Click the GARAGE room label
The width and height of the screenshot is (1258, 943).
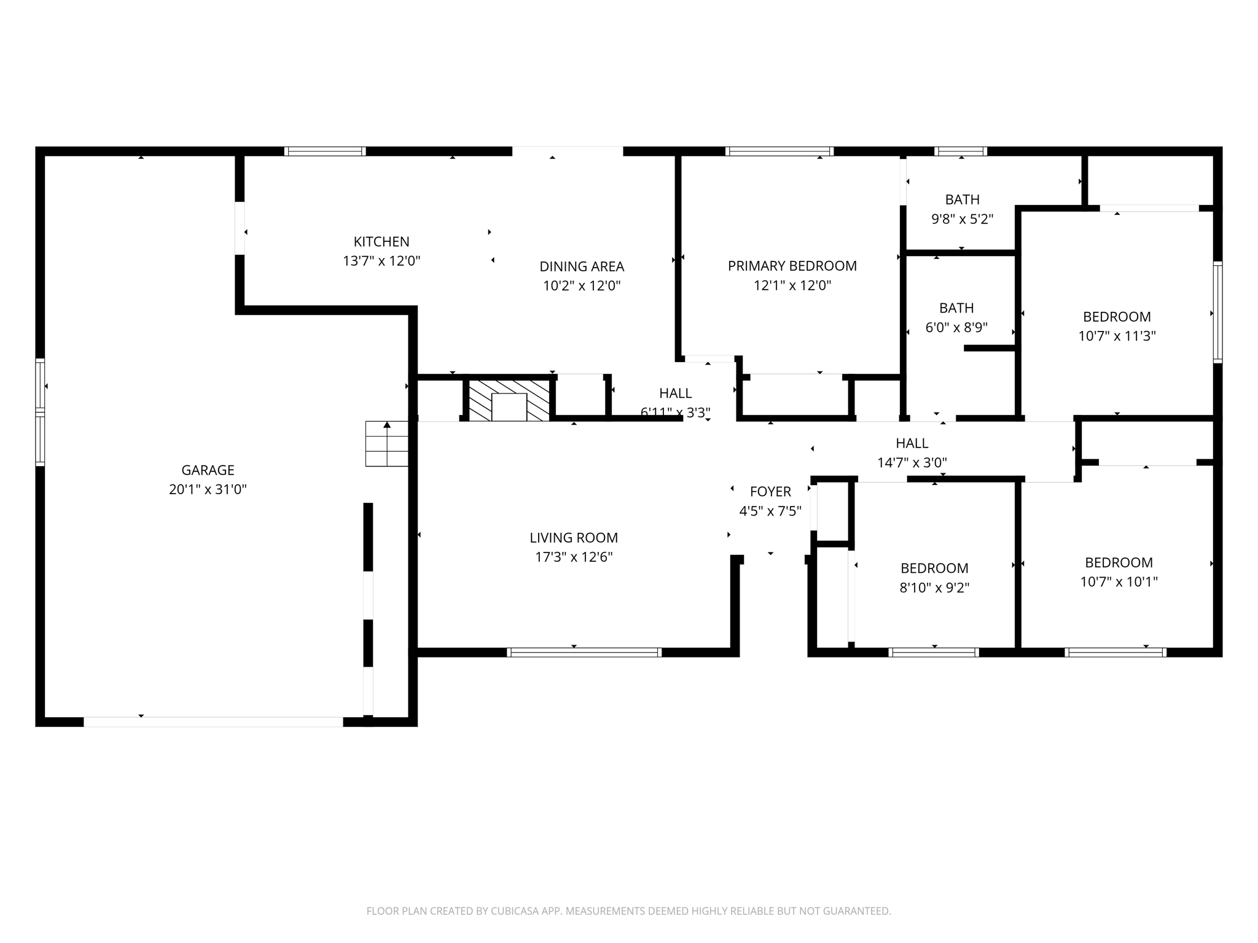[208, 470]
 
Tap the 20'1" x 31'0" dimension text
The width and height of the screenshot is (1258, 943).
[208, 490]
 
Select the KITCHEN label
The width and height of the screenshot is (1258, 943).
[381, 242]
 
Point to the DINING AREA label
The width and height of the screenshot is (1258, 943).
[581, 266]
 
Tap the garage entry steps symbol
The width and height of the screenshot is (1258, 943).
[386, 443]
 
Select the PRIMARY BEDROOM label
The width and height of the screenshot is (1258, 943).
[792, 266]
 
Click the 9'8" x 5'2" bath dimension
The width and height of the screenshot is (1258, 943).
[962, 219]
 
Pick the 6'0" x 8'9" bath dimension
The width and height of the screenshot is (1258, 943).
[956, 328]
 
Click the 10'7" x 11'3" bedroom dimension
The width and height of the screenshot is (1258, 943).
[1117, 336]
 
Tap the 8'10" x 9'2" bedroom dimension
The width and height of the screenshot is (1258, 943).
[934, 588]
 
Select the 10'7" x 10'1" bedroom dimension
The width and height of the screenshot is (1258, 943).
[1119, 582]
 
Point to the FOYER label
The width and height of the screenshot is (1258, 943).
[770, 492]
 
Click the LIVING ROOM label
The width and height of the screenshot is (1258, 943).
[573, 538]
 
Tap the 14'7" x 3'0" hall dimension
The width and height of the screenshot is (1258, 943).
[912, 463]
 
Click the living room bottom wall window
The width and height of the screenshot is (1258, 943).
[584, 652]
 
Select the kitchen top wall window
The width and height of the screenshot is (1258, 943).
[325, 151]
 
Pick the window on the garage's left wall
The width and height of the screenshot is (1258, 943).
[40, 411]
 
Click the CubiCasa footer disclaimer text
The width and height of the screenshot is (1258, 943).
[628, 911]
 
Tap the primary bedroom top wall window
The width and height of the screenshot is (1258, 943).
[779, 151]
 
